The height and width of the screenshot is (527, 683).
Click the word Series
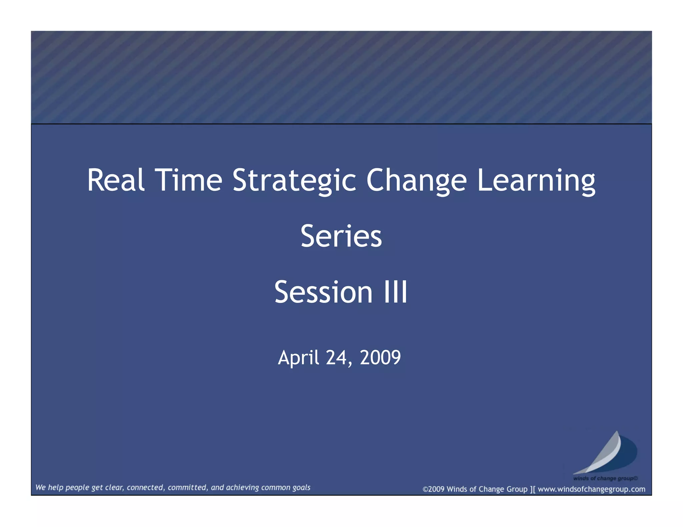(x=341, y=236)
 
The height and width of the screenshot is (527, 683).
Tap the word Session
(x=323, y=292)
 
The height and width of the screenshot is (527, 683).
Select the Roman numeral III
(x=396, y=292)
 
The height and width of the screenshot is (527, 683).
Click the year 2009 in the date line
(x=380, y=357)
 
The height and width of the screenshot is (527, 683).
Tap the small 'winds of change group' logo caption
(x=605, y=478)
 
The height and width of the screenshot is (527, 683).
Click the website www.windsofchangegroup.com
(x=591, y=489)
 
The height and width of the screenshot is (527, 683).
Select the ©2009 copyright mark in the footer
(x=433, y=489)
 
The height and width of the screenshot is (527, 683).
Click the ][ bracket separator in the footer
(x=533, y=489)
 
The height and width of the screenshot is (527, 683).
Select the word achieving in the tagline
(x=242, y=488)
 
